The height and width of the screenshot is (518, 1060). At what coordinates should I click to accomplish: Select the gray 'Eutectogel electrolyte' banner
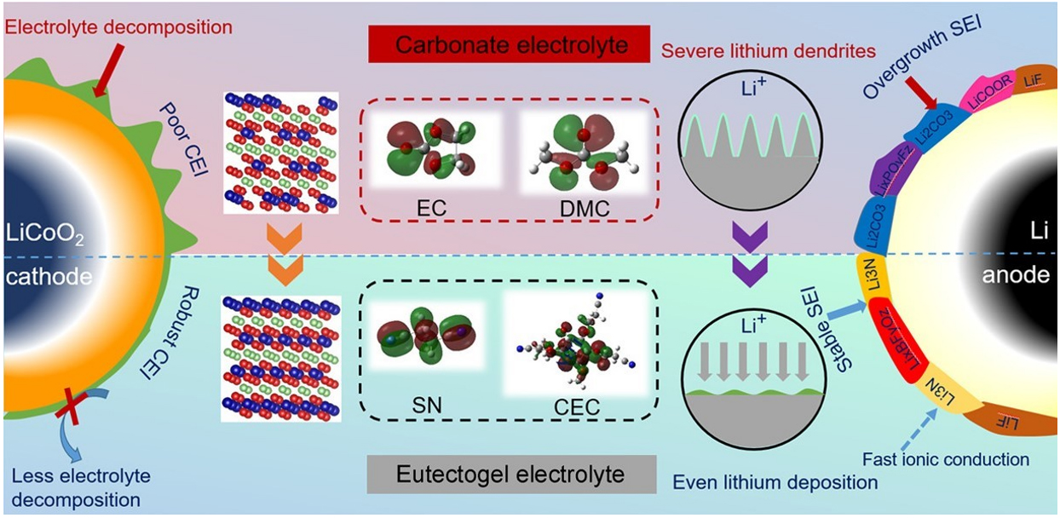coord(511,473)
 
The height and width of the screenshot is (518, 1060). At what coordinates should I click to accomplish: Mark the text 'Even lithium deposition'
coord(775,482)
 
